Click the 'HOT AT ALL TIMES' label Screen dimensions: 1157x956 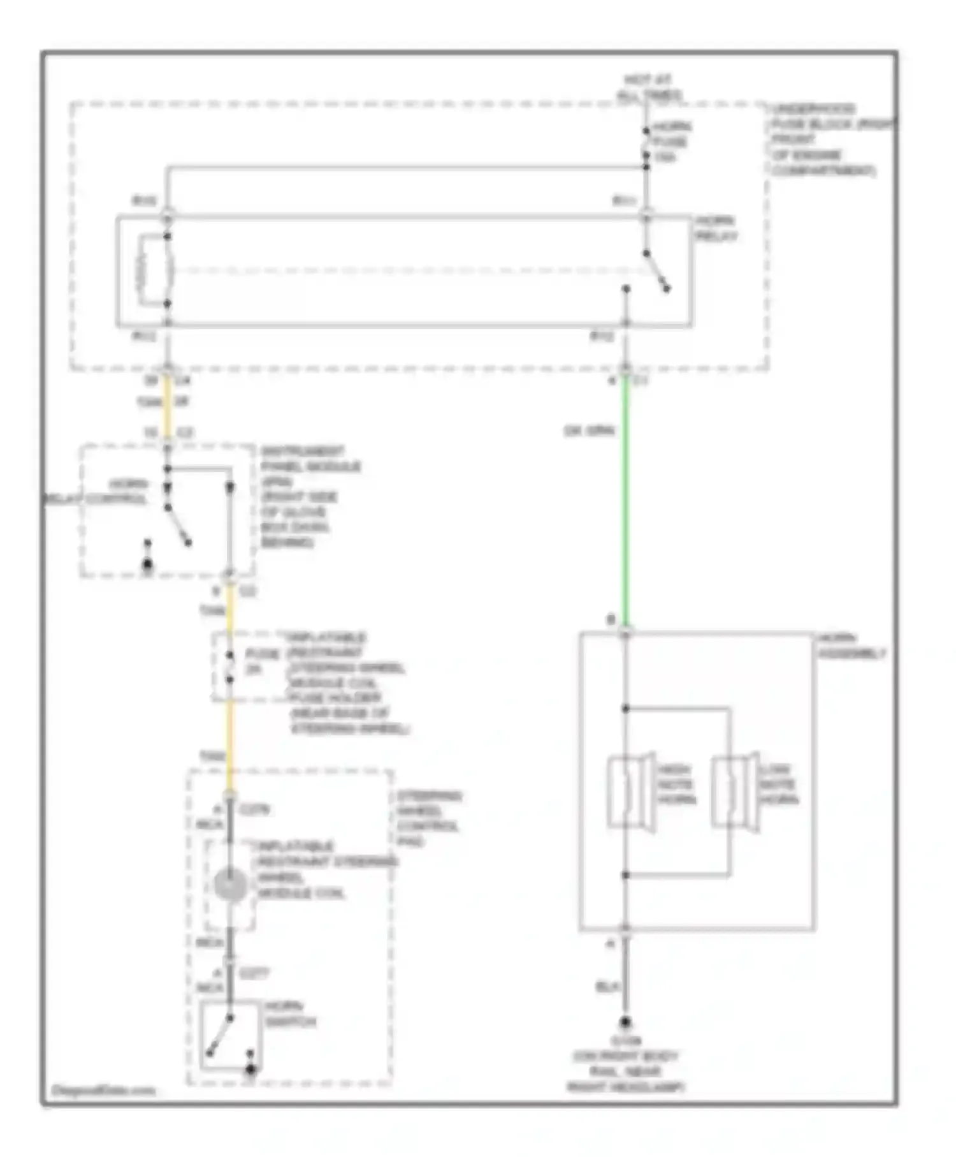(x=648, y=87)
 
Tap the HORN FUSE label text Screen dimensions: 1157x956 (x=670, y=141)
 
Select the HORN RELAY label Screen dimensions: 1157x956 (x=715, y=228)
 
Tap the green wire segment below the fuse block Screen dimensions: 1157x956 (x=626, y=497)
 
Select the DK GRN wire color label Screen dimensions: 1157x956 (x=588, y=431)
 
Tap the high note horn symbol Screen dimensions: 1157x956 (x=631, y=792)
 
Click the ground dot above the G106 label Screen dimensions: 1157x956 (x=625, y=1022)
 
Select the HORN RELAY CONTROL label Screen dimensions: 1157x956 (x=96, y=491)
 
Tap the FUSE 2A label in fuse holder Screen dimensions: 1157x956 (x=262, y=661)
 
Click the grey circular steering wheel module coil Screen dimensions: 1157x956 (x=230, y=885)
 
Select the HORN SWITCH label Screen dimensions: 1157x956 (x=290, y=1014)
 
